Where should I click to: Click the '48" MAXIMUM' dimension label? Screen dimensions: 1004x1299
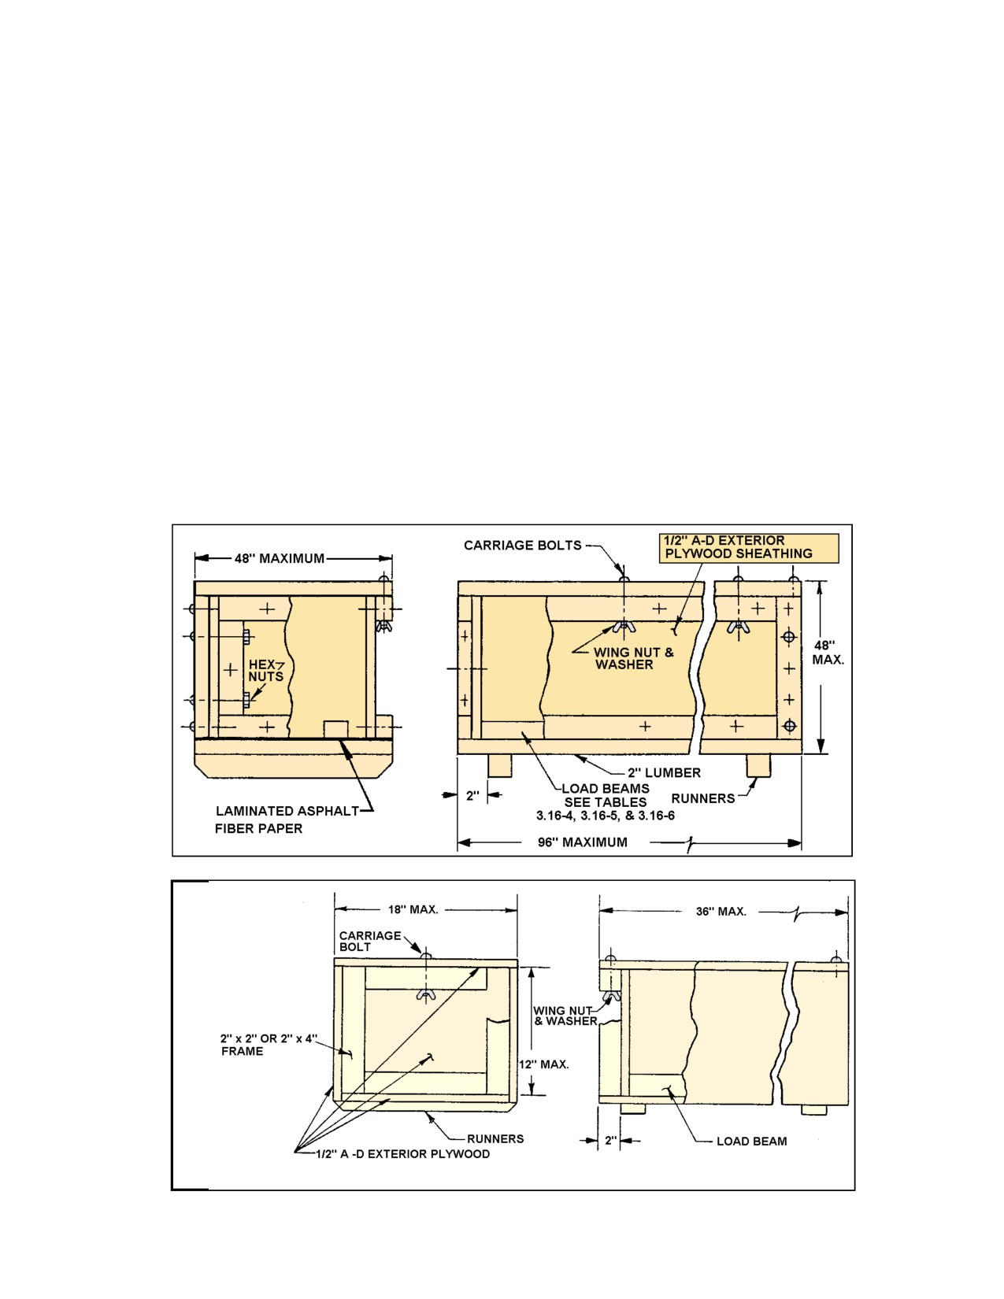280,558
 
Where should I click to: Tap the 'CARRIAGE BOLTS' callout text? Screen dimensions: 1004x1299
523,545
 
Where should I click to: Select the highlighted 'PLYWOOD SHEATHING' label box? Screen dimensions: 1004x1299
749,548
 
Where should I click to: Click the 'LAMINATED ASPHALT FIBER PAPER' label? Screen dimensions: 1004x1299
287,820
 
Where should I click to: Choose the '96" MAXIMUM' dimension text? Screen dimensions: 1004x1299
583,842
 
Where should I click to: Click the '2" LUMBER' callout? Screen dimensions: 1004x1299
664,773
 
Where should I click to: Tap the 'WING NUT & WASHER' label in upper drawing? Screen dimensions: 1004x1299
634,658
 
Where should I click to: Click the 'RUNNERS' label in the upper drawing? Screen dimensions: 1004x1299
703,798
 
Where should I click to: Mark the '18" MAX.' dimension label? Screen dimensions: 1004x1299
413,910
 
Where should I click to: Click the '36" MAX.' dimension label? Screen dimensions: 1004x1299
721,912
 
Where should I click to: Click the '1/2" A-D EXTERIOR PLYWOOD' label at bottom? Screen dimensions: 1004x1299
403,1153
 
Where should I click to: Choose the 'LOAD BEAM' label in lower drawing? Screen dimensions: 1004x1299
752,1142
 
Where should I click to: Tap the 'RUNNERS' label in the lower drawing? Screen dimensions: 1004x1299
495,1139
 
